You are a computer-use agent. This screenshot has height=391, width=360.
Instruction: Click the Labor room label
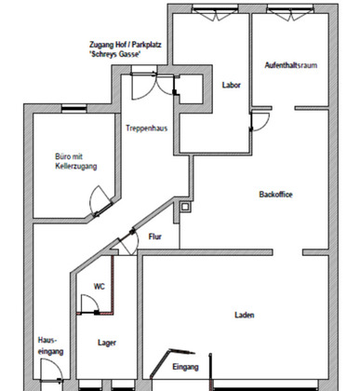[231, 85]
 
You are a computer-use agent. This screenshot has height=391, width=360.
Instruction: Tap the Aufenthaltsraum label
[291, 65]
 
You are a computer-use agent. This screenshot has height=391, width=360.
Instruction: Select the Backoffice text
[275, 195]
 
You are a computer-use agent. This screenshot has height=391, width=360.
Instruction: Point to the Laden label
[245, 315]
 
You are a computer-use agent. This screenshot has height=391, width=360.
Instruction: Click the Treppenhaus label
[147, 128]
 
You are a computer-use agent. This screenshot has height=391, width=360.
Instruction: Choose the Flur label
[155, 236]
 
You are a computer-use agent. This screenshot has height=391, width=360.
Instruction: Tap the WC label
[100, 286]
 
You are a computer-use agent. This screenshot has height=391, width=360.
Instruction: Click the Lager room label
[107, 343]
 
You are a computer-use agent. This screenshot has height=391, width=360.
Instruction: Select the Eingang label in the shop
[185, 367]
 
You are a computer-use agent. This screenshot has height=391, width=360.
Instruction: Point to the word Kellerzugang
[76, 166]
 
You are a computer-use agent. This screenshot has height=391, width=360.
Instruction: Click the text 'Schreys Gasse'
[115, 54]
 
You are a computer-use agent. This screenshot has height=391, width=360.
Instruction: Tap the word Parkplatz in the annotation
[147, 45]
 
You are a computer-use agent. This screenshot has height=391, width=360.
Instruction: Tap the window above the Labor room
[215, 9]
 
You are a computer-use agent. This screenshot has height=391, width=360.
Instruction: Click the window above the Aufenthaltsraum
[290, 9]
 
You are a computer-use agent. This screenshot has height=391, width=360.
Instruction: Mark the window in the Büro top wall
[73, 108]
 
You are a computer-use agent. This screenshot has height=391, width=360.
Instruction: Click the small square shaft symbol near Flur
[185, 207]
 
